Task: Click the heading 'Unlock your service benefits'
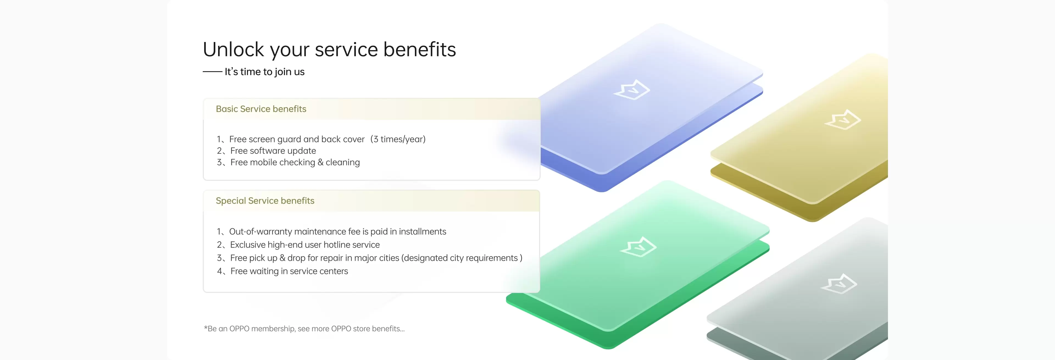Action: pos(329,49)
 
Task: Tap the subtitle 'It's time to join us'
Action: pos(265,72)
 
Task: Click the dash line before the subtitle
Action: pos(213,72)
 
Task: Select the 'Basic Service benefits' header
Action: pos(261,109)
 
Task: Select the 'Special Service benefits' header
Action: pos(265,201)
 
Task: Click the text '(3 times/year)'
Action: pos(398,139)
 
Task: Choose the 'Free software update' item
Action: pos(273,151)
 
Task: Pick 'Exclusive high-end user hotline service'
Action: pos(305,245)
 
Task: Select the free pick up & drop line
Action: pos(376,258)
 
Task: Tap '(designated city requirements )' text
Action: pos(462,258)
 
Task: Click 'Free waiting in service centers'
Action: pos(289,271)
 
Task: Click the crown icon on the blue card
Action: pos(632,89)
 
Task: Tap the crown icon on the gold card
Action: pos(843,119)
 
